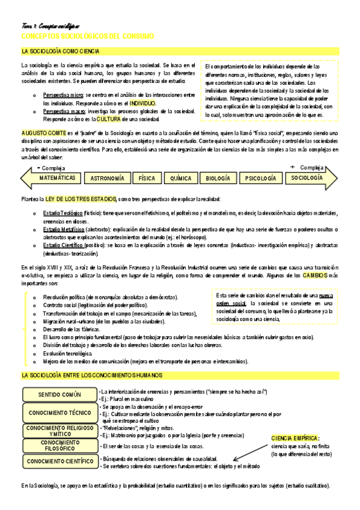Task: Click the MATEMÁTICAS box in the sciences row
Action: coord(57,179)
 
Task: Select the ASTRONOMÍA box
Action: coord(108,179)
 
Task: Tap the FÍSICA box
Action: coord(147,179)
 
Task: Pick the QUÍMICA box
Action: coord(181,179)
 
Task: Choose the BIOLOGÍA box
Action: coord(218,179)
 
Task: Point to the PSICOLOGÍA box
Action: coord(261,179)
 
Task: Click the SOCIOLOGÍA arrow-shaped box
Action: coord(307,179)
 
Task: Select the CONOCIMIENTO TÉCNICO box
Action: coord(58,413)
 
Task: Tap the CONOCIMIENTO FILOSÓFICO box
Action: coord(58,446)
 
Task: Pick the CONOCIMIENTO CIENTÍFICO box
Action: coord(58,461)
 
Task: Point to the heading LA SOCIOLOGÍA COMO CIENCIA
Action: coord(60,52)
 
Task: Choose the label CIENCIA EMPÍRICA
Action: coord(296,438)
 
